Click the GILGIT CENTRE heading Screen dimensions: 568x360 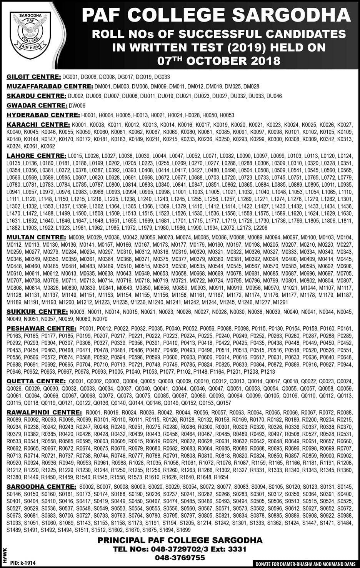pos(33,77)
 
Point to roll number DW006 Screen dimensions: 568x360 pos(77,105)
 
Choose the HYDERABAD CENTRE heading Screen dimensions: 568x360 pos(43,115)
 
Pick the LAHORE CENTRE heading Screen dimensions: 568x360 pos(36,155)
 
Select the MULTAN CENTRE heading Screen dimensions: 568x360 pos(36,237)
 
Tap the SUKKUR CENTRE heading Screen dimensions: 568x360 pos(37,311)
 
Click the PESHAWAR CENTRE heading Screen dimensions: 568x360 pos(42,328)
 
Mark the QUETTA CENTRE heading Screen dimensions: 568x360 pos(36,381)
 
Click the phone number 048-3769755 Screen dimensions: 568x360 pos(180,558)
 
